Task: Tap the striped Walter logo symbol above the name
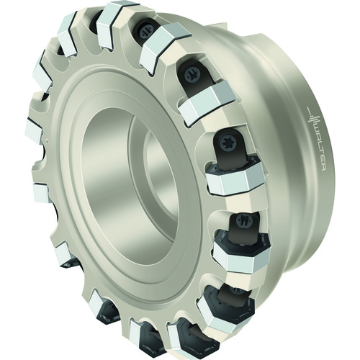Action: click(x=314, y=117)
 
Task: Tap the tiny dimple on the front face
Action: click(x=47, y=139)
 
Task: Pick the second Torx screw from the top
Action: click(x=192, y=73)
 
